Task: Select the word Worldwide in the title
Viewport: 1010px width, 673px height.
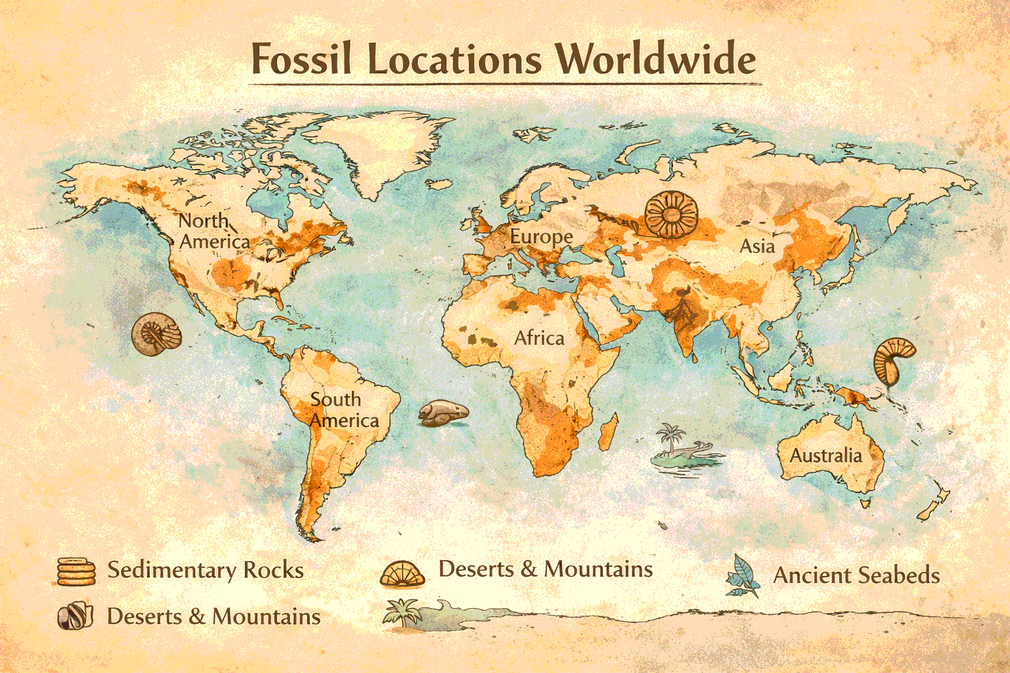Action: tap(655, 59)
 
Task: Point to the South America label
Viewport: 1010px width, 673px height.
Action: tap(343, 409)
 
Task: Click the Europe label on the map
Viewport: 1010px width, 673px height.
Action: tap(541, 237)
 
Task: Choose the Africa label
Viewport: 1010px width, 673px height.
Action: tap(539, 338)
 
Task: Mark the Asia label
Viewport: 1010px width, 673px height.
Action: tap(757, 246)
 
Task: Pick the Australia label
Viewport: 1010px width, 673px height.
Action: tap(825, 455)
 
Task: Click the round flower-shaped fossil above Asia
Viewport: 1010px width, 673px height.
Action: tap(669, 214)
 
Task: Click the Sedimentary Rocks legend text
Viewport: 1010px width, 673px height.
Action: tap(205, 570)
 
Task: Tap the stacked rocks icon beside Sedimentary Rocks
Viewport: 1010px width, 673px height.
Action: tap(76, 570)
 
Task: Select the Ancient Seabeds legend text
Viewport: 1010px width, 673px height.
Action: tap(856, 576)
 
